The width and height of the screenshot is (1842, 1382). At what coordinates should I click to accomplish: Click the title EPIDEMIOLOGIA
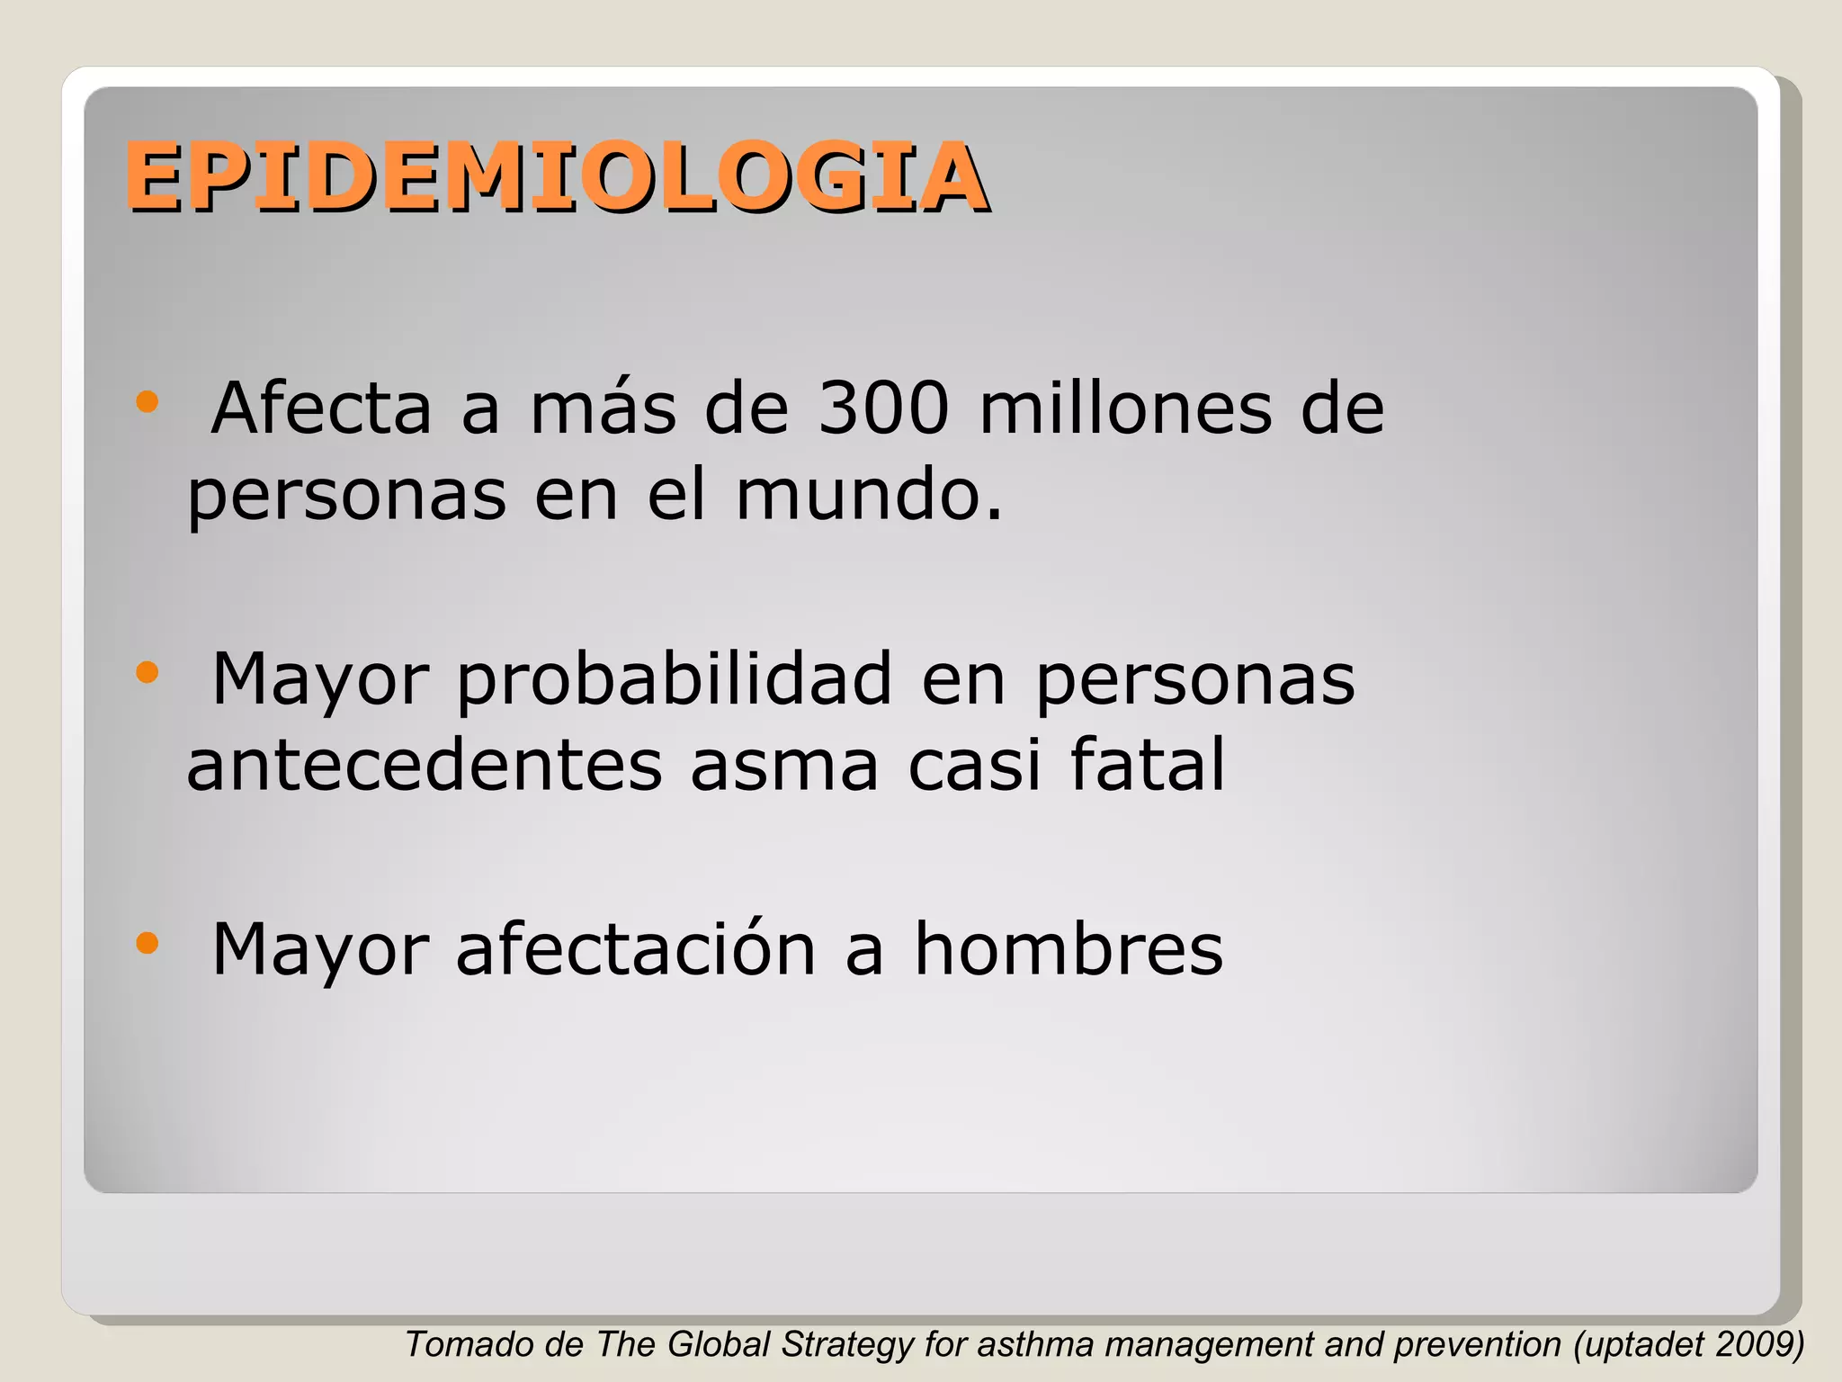[x=556, y=178]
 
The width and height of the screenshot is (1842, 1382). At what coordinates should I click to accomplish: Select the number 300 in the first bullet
[x=883, y=409]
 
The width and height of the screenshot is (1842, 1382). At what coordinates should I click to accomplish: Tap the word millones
[x=1125, y=409]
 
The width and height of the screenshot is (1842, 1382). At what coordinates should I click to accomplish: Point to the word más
[x=603, y=409]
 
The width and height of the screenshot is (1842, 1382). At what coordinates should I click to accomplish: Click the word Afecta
[x=321, y=409]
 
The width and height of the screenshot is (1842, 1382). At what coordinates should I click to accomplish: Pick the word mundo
[x=868, y=496]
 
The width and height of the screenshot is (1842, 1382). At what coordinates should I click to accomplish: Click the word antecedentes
[x=424, y=766]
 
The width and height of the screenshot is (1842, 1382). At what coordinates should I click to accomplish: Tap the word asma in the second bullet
[x=784, y=766]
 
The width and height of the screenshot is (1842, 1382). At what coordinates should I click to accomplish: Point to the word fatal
[x=1147, y=766]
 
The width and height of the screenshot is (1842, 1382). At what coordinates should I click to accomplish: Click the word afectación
[x=636, y=950]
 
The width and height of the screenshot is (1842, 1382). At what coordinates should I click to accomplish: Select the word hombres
[x=1069, y=950]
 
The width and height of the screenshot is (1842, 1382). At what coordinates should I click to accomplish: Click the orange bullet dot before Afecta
[x=147, y=402]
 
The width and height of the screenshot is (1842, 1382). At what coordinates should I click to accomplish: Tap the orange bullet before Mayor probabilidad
[x=147, y=672]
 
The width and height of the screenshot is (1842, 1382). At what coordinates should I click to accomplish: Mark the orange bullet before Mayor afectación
[x=147, y=943]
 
